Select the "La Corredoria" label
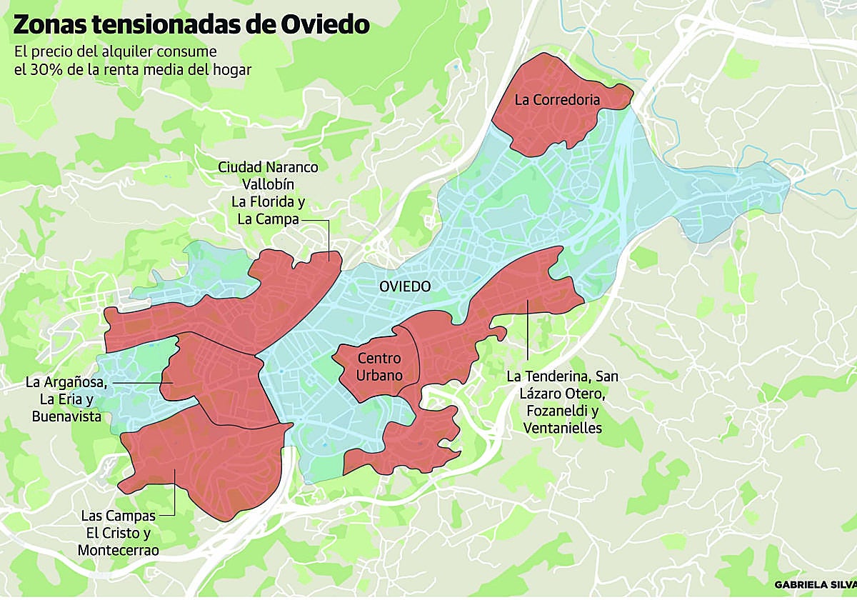[x=557, y=100]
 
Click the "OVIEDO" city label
[x=405, y=286]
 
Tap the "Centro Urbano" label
[x=379, y=366]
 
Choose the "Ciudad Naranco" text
[x=268, y=167]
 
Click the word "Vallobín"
[x=268, y=184]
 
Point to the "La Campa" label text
[x=268, y=219]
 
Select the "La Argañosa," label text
[x=66, y=382]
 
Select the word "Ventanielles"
[x=563, y=428]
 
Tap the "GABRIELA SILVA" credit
[x=814, y=584]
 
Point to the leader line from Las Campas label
[x=174, y=493]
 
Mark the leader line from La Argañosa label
[x=139, y=384]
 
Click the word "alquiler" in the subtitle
[x=125, y=53]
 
